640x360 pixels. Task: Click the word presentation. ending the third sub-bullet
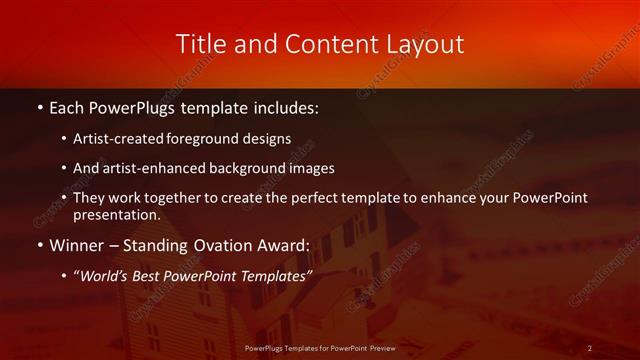coord(117,214)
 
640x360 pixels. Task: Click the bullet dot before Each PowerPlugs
coord(38,106)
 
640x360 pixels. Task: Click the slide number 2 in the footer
coord(591,347)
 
